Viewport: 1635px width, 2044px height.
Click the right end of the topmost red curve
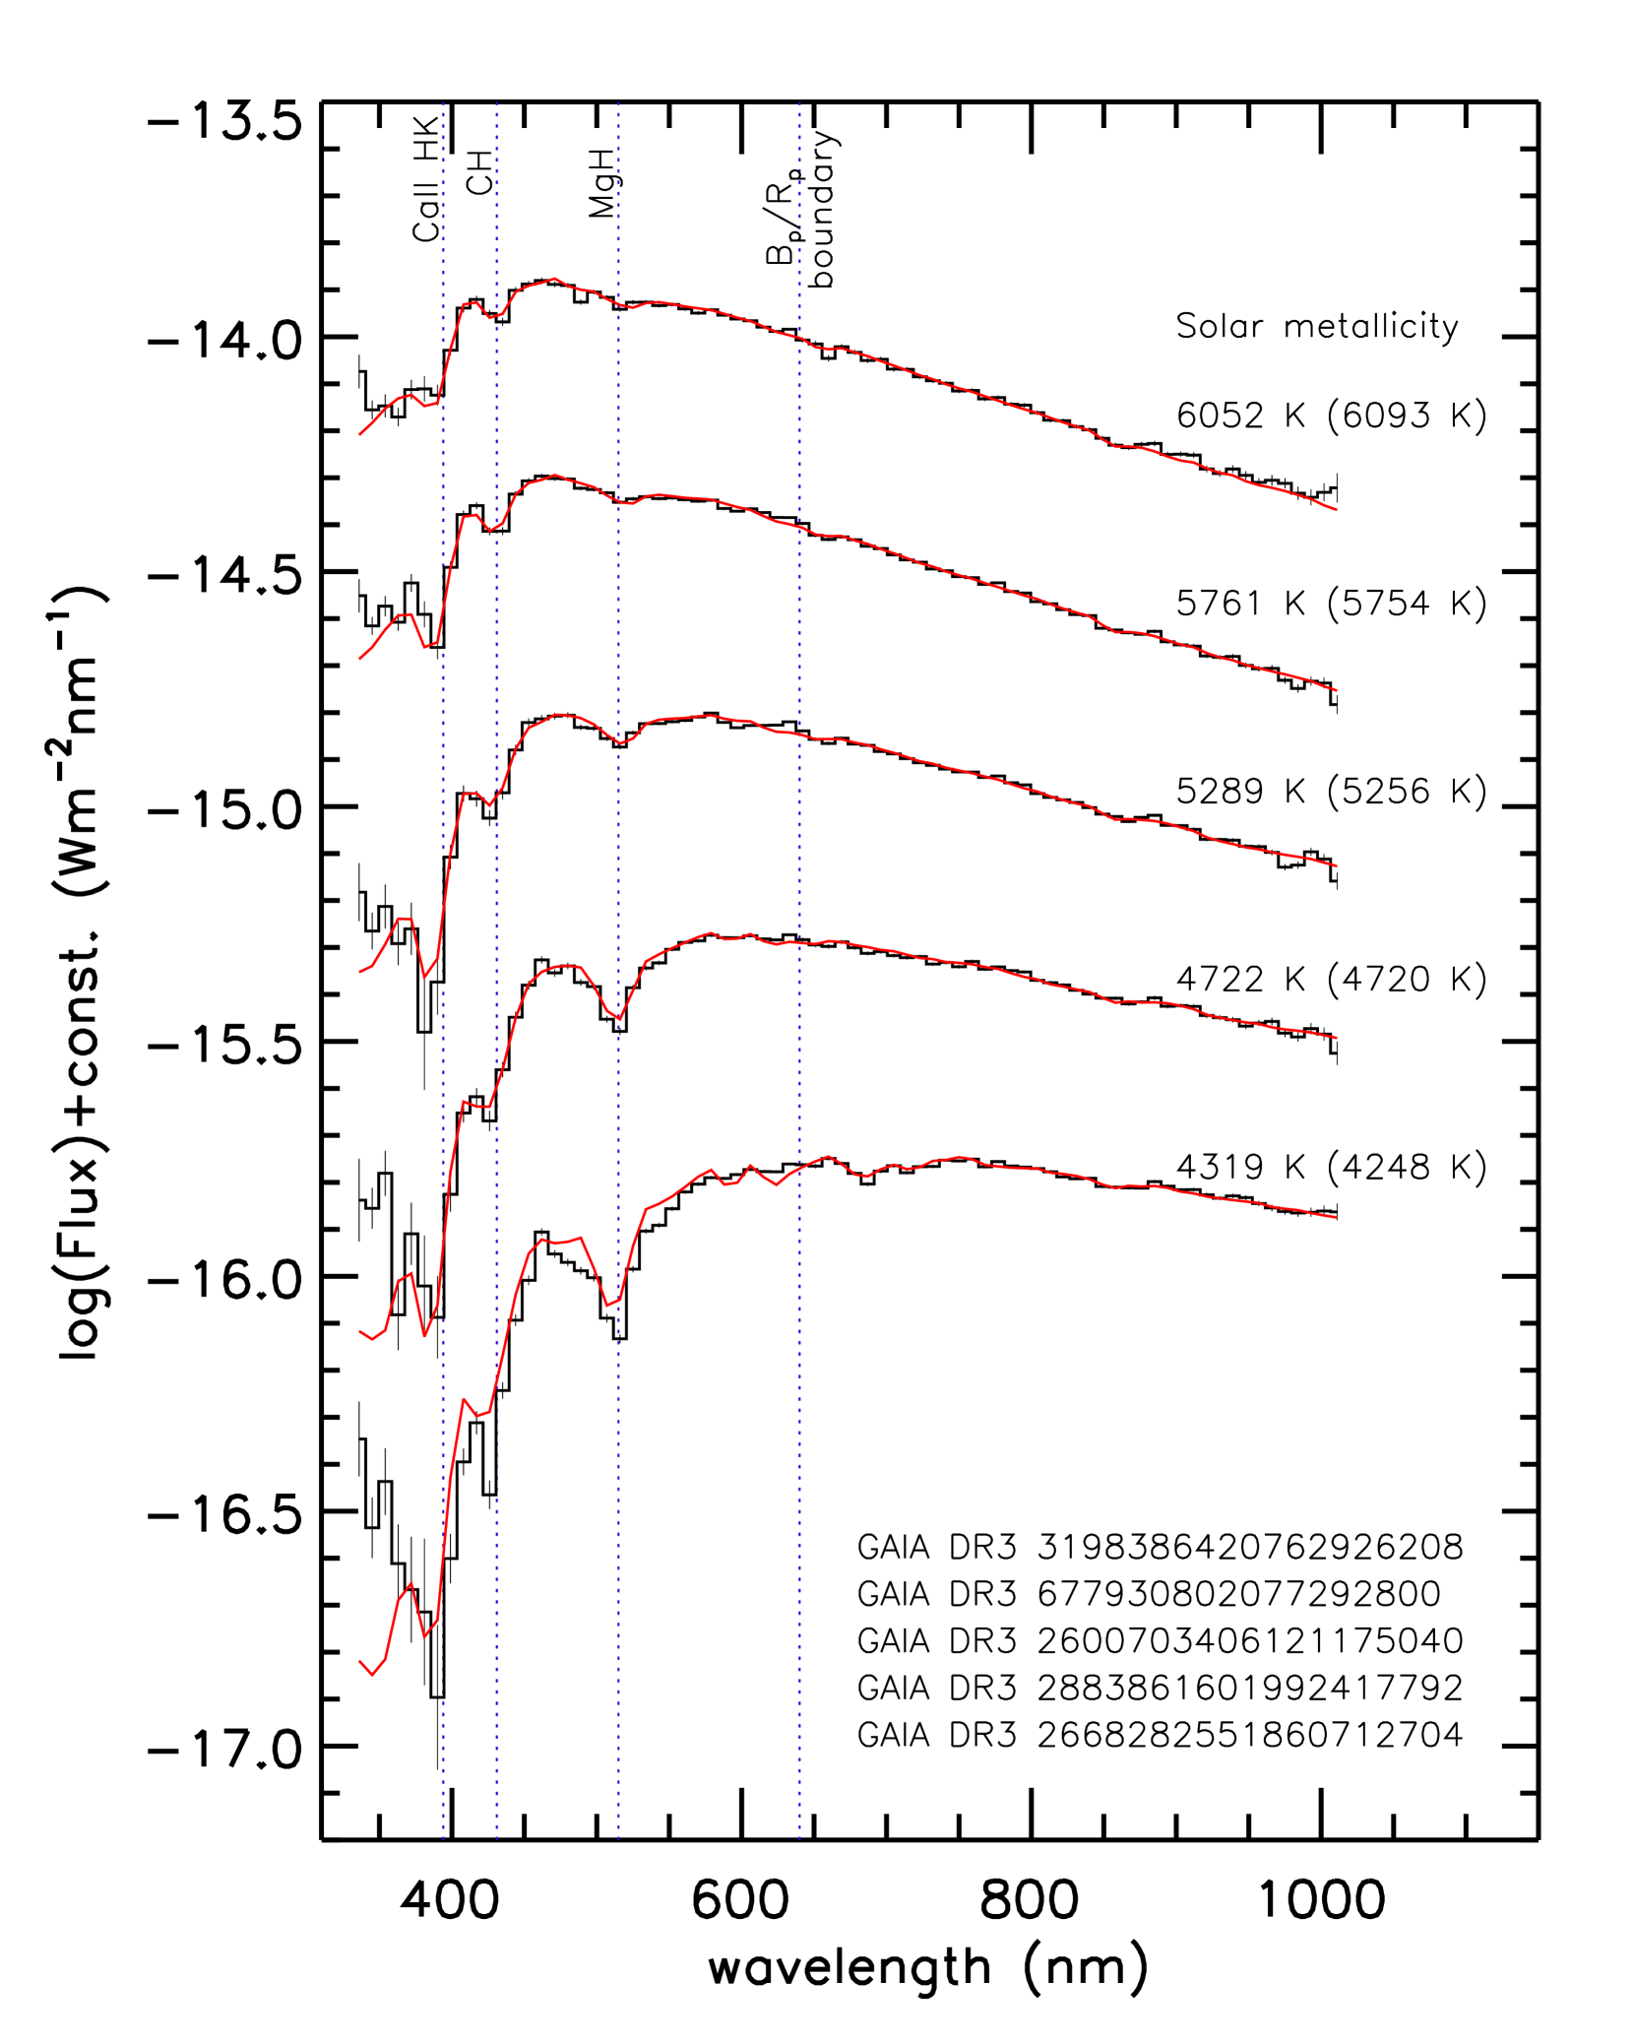pos(1337,510)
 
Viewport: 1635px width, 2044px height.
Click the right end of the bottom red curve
pos(1337,1218)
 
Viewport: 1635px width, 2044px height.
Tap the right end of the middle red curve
pos(1337,866)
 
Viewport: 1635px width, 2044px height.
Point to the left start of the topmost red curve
pos(359,434)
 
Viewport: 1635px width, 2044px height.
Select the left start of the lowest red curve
pos(359,1660)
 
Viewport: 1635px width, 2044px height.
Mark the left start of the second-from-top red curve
pos(359,659)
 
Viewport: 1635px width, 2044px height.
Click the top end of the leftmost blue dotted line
pos(444,101)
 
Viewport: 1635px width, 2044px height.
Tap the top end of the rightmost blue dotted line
pos(799,101)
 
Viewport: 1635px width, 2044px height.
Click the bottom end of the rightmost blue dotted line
pos(799,1839)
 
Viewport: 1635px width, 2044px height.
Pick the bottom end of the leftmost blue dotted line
pos(444,1839)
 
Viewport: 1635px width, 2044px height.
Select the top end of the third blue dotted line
pos(618,101)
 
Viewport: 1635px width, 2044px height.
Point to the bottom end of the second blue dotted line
pos(497,1839)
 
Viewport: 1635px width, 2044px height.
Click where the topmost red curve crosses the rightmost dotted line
pos(799,338)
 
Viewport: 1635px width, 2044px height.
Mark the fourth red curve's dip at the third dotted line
pos(618,1019)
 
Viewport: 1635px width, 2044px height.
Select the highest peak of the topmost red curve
pos(554,279)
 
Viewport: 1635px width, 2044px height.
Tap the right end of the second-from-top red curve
pos(1337,691)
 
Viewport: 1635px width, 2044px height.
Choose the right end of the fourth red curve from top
pos(1337,1038)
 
